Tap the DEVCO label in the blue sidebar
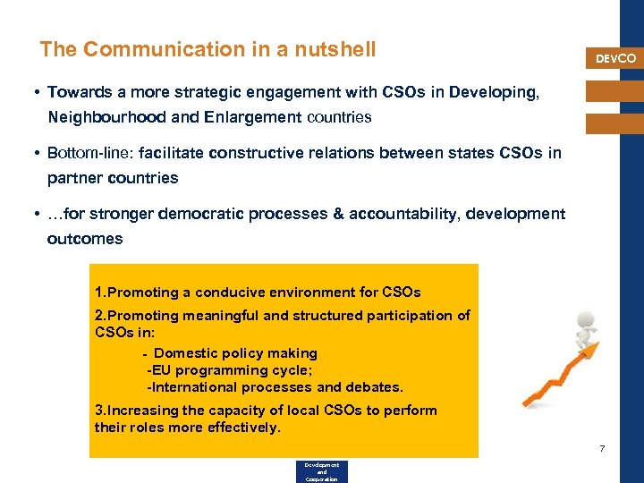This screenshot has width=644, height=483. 616,58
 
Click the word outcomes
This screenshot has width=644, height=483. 85,239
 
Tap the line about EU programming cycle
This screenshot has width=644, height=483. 230,370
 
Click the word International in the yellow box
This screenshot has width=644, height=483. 199,387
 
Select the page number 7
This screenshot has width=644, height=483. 602,447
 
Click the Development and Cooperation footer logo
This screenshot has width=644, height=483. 321,471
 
